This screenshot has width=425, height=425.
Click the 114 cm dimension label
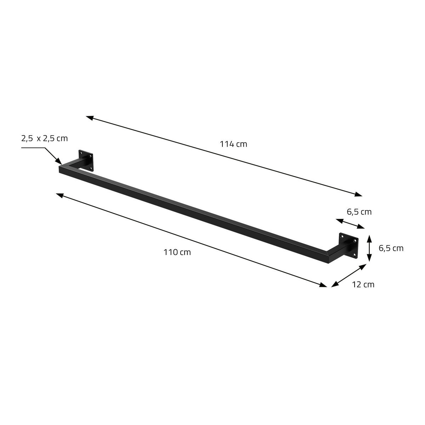coord(233,144)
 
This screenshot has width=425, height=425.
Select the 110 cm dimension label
coord(177,252)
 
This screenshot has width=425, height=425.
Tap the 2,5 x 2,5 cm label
coord(44,138)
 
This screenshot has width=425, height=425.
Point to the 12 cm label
coord(363,284)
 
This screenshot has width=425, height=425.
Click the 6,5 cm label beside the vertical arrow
coord(391,248)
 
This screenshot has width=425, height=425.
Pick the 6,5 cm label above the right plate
coord(359,212)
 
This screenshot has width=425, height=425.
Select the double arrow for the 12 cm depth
coord(349,275)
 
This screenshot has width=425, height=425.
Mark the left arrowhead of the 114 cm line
coord(90,117)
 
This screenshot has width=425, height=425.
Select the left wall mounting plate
coord(86,160)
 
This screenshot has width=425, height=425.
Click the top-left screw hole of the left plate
coord(81,153)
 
